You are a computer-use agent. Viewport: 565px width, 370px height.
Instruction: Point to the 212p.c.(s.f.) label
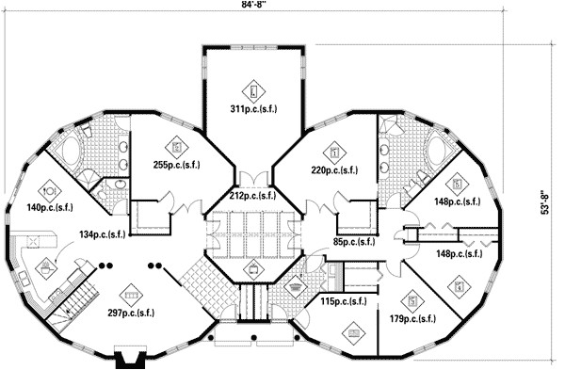pos(252,196)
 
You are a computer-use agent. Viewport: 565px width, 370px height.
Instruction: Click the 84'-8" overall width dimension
pos(254,7)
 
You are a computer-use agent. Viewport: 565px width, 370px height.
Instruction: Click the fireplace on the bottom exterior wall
pos(126,358)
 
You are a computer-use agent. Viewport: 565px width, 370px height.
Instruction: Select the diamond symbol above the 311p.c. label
pos(252,91)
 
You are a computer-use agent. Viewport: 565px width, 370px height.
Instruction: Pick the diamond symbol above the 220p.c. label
pos(334,151)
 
